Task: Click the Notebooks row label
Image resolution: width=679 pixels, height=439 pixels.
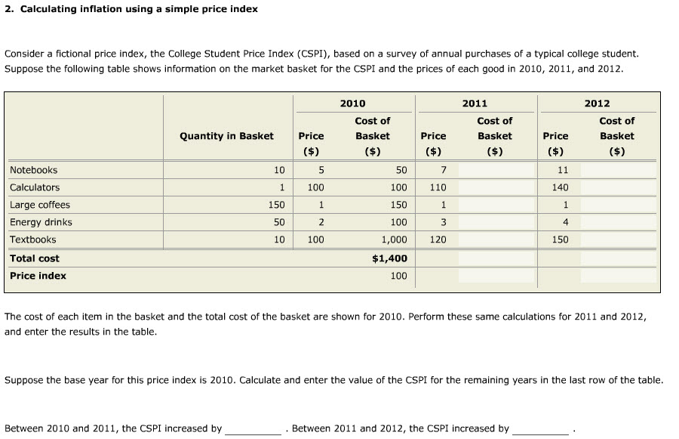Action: (33, 170)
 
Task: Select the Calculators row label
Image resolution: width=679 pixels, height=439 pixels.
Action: (35, 187)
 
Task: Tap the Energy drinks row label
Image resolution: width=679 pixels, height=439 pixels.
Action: (41, 222)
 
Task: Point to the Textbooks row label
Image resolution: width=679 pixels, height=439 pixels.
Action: (32, 240)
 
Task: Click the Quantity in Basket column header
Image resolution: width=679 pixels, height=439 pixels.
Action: (226, 136)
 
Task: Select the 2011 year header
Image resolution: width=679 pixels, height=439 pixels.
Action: (475, 104)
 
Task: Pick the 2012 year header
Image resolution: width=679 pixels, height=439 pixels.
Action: (597, 104)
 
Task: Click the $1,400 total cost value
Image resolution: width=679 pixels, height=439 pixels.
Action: (390, 258)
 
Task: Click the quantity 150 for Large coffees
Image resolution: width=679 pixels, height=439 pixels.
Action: (276, 205)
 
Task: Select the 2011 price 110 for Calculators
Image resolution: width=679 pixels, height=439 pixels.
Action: (438, 187)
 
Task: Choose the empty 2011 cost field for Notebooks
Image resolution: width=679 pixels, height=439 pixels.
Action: (494, 170)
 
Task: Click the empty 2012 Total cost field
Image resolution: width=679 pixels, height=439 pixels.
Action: (617, 258)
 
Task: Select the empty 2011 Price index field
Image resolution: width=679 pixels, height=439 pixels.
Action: (494, 276)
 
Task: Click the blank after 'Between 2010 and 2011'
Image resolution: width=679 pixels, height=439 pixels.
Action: (253, 428)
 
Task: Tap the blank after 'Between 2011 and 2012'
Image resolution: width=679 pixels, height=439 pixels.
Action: (540, 428)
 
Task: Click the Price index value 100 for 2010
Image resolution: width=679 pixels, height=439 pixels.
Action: (398, 276)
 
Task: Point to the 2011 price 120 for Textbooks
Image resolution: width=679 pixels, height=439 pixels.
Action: (438, 240)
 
